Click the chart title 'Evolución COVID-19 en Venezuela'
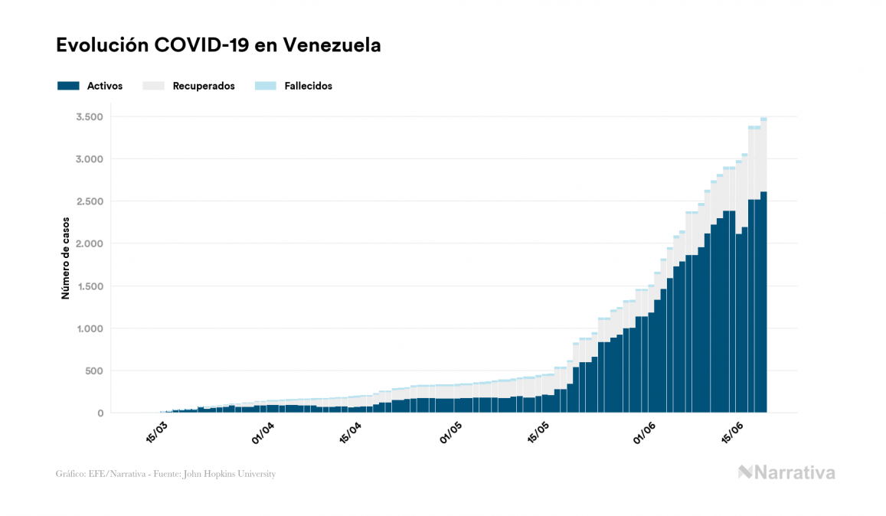point(218,45)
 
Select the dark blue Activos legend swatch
point(68,86)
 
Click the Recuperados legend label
point(204,86)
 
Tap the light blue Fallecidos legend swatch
point(264,86)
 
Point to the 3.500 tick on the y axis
point(90,116)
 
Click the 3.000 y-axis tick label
point(90,159)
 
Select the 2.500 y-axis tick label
point(90,201)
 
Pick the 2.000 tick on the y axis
point(90,243)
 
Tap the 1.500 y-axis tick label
point(90,286)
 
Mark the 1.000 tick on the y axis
point(90,328)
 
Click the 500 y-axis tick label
point(94,371)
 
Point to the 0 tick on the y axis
point(100,413)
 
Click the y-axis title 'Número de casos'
point(67,257)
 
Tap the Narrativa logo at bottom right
point(786,472)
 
